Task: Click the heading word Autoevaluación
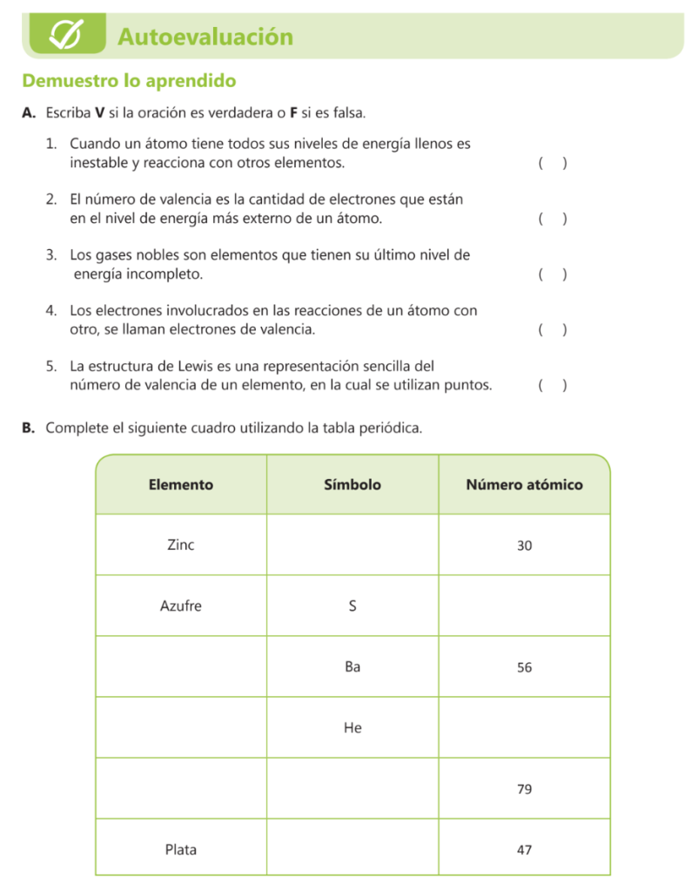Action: (x=205, y=37)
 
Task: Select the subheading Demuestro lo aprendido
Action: (x=129, y=81)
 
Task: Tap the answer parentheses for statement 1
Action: (x=553, y=163)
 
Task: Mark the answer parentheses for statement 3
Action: (x=553, y=274)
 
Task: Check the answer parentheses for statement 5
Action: (x=553, y=385)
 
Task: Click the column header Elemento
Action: (x=181, y=485)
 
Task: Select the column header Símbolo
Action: (x=352, y=485)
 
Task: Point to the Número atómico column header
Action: (x=524, y=485)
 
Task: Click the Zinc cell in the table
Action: (x=181, y=545)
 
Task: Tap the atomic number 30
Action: (x=524, y=546)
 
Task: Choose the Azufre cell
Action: (x=181, y=606)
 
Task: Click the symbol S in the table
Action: (x=352, y=606)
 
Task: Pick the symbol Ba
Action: (x=352, y=667)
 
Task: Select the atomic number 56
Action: (x=524, y=668)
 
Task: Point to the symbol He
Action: (x=352, y=728)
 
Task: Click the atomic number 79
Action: (x=524, y=790)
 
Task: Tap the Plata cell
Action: (x=181, y=849)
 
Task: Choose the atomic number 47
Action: (x=524, y=850)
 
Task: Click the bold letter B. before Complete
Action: (x=29, y=428)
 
